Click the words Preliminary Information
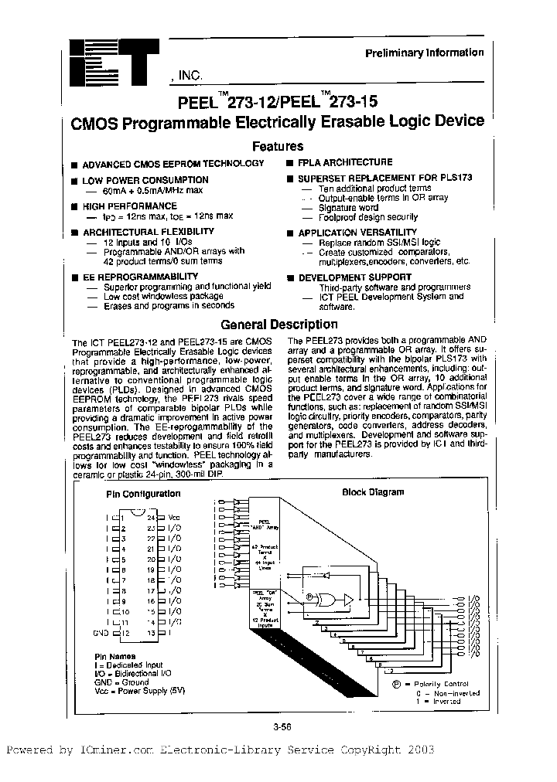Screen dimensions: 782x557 425,53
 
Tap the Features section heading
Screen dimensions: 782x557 278,146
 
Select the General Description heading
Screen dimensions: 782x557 278,325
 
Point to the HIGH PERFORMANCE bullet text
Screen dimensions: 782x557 129,206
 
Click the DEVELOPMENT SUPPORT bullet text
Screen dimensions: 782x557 354,277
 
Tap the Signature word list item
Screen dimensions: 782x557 348,208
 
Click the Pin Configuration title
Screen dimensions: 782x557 138,492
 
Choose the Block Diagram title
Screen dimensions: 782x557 373,492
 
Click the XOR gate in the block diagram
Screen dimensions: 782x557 334,598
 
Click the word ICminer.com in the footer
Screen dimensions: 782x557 116,750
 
